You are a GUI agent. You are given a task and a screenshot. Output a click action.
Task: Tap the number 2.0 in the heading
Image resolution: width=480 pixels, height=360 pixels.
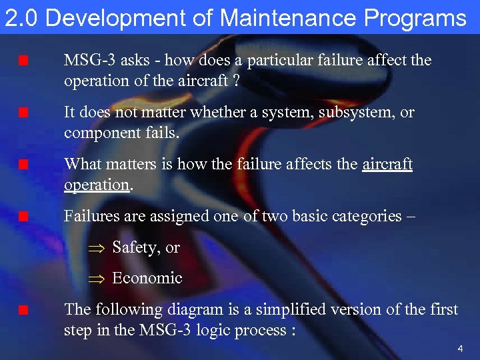(x=22, y=18)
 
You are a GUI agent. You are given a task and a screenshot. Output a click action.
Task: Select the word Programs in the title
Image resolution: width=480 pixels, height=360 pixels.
(x=418, y=18)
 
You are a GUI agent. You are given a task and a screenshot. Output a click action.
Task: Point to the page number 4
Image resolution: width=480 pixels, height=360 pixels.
(x=460, y=349)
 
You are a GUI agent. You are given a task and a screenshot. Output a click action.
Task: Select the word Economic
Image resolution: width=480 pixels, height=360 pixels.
(x=147, y=278)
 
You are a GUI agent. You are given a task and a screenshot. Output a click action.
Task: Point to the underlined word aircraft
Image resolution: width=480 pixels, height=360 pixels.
(x=387, y=164)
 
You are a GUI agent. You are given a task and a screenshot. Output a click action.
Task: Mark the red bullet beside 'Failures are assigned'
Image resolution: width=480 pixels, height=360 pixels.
(x=23, y=217)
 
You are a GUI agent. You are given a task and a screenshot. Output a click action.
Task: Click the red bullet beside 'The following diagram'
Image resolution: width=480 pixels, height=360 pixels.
(x=23, y=310)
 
